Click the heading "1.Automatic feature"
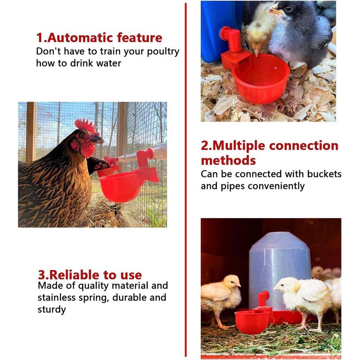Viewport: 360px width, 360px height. [99, 37]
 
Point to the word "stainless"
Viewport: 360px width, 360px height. [59, 297]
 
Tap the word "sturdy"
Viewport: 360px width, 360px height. [52, 309]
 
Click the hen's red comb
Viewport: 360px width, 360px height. [85, 125]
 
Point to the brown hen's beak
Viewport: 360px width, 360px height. [99, 140]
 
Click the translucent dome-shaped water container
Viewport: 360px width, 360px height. [279, 270]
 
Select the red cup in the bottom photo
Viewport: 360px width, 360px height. [252, 321]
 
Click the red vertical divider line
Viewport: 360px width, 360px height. [185, 180]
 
